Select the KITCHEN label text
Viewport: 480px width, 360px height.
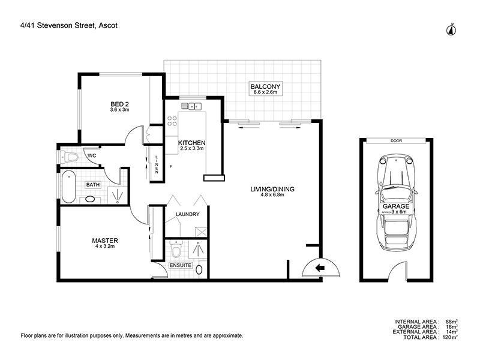192,142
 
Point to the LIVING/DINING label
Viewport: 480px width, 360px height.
272,190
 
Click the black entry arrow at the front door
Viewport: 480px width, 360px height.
318,267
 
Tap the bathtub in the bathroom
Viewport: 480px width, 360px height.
68,187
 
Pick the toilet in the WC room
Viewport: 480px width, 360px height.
70,158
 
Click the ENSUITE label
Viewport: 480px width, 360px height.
180,265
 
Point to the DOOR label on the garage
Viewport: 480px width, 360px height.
395,141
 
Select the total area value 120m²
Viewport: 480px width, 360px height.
450,338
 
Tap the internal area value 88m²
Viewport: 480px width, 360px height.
451,322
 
